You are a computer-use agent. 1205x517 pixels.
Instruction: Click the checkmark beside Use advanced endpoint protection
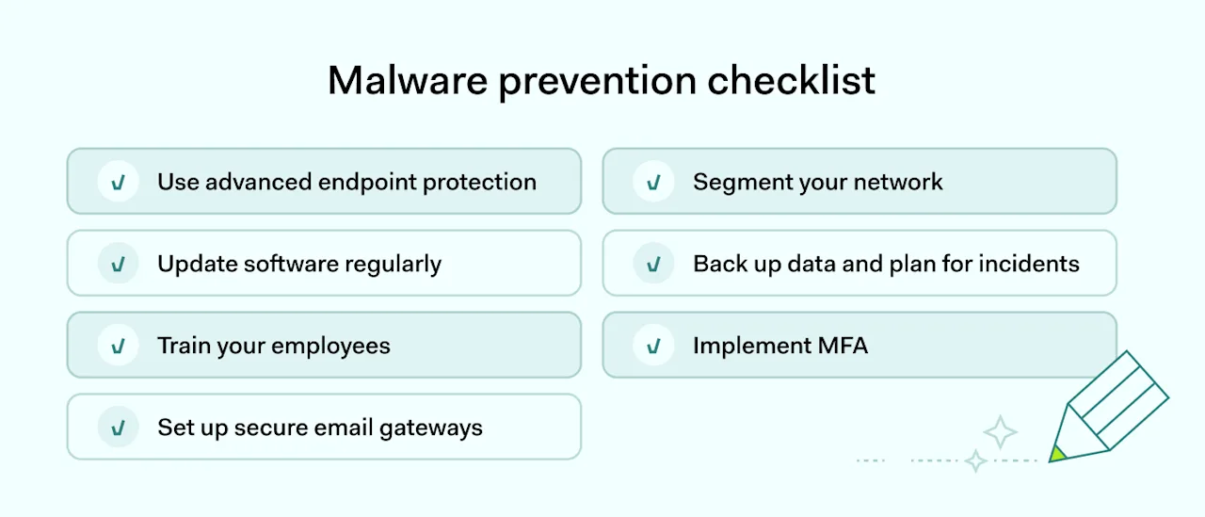pos(119,182)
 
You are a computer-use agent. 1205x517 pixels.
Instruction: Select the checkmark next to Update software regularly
pos(119,264)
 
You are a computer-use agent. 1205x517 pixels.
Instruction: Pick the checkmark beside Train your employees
pos(119,346)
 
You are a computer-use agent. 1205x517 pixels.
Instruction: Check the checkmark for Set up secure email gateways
pos(119,428)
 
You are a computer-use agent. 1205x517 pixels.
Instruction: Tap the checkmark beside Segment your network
pos(653,182)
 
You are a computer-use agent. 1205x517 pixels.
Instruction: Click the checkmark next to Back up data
pos(653,264)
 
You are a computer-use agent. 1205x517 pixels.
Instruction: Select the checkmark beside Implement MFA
pos(653,346)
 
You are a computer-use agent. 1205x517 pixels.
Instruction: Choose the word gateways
pos(431,428)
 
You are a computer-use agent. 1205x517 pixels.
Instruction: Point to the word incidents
pos(1031,264)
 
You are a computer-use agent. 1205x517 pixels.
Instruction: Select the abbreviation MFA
pos(843,346)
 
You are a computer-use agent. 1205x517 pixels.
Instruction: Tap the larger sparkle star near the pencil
pos(1000,432)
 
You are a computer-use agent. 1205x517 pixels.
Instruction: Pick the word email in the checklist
pos(345,428)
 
